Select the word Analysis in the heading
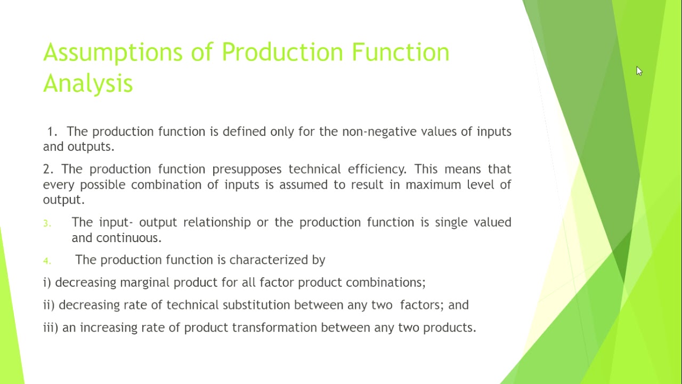(x=88, y=84)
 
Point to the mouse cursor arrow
(x=639, y=71)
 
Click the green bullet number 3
(x=47, y=223)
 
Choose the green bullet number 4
(x=47, y=261)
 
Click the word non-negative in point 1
(x=379, y=132)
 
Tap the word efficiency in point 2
(x=377, y=169)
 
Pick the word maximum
(x=432, y=185)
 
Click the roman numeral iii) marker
(x=51, y=327)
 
